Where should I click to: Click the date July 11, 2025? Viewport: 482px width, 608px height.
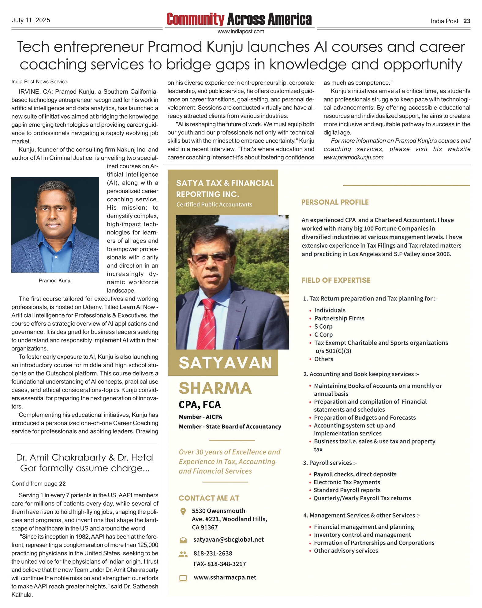coord(31,20)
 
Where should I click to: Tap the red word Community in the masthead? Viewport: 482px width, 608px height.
coord(195,19)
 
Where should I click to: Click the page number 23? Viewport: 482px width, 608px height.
coord(467,21)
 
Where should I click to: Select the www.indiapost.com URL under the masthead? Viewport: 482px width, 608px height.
coord(241,32)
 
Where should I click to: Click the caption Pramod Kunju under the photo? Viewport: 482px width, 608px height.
coord(55,281)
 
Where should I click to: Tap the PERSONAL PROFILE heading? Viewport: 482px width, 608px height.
coord(335,202)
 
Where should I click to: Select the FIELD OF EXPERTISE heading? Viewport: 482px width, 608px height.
coord(336,280)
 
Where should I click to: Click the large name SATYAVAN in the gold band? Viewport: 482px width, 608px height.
coord(225,363)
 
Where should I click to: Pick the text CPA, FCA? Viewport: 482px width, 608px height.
coord(200,405)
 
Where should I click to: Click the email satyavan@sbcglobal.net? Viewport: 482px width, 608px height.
coord(228,539)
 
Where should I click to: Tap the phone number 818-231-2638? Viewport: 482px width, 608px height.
coord(213,553)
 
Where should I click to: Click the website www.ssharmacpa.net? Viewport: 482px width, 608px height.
coord(225,577)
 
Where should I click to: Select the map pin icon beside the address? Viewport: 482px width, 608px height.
coord(183,511)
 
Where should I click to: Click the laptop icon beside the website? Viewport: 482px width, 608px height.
coord(183,578)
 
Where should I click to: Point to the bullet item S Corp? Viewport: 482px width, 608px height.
coord(323,326)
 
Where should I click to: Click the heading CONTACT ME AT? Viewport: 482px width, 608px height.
coord(209,498)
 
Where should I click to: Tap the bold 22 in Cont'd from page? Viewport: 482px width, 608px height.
coord(62,484)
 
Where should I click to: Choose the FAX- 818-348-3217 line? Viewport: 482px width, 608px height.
coord(220,564)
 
